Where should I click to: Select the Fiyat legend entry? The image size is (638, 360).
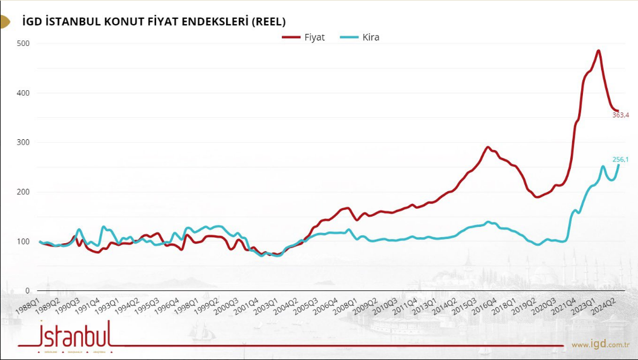coord(304,38)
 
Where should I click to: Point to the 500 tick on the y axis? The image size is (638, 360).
coord(24,44)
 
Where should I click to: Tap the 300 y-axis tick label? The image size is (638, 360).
coord(24,143)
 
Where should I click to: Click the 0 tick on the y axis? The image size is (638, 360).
coord(28,291)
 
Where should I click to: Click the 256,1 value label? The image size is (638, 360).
coord(621,160)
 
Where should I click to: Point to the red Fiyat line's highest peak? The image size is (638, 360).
coord(598,51)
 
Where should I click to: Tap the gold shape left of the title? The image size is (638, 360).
coord(5,22)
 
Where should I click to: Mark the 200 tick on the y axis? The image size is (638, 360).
coord(24,192)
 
